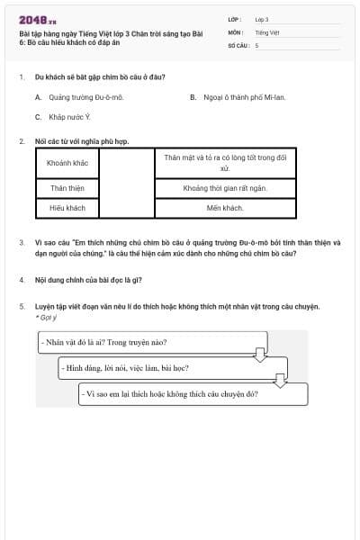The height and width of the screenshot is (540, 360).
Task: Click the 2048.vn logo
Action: click(x=38, y=21)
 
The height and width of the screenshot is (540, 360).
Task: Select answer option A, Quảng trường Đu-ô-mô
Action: click(x=79, y=97)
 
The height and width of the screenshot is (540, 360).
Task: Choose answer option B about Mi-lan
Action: click(x=238, y=97)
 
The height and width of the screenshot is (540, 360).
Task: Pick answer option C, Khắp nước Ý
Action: click(x=63, y=117)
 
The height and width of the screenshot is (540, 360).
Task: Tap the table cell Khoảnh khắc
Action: click(x=67, y=163)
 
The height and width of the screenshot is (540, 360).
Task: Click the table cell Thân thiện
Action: click(x=67, y=188)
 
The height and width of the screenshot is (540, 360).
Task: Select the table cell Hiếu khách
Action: click(x=67, y=208)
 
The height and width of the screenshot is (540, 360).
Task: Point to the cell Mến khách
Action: click(x=225, y=208)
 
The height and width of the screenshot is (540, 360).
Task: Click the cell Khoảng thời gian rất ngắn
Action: click(x=225, y=188)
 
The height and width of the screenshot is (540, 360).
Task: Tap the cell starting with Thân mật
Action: click(x=225, y=163)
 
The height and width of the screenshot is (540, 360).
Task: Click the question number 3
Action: click(x=22, y=243)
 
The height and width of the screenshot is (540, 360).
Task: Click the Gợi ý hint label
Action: click(x=46, y=318)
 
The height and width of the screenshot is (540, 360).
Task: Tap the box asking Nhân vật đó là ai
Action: click(x=153, y=342)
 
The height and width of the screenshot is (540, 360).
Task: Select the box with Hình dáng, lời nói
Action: click(x=173, y=368)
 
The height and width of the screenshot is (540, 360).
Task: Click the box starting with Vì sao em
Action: click(x=193, y=394)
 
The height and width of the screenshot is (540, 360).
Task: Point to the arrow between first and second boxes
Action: click(x=260, y=355)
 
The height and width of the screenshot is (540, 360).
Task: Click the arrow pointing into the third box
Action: click(x=281, y=381)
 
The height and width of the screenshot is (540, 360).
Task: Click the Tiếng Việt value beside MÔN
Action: click(x=267, y=32)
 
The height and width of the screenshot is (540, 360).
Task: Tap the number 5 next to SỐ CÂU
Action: click(x=257, y=46)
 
